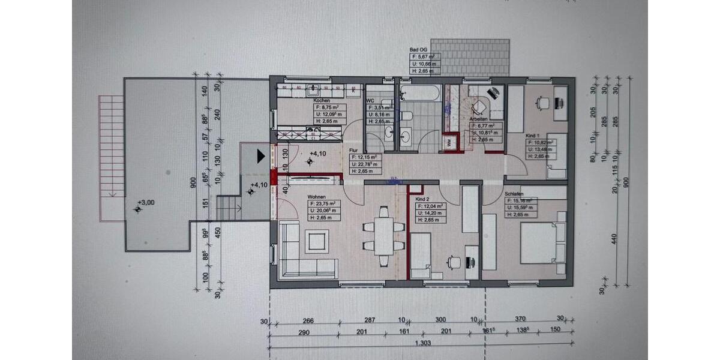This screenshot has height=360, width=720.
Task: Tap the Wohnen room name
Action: click(317, 197)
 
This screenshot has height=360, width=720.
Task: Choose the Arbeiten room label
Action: click(479, 119)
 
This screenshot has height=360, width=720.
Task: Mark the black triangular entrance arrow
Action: click(260, 157)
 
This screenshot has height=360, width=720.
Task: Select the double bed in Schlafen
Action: click(541, 243)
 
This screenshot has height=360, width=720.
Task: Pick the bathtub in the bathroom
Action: click(418, 94)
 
